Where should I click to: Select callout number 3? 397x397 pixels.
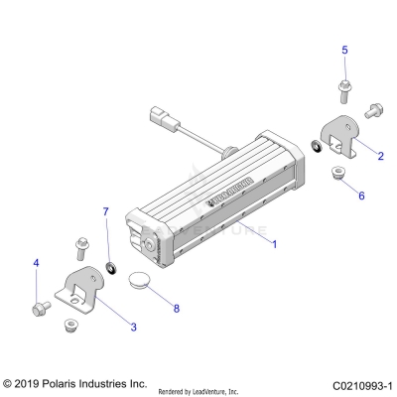[134, 327]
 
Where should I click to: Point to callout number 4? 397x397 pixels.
[37, 263]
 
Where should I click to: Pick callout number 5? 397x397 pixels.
[344, 50]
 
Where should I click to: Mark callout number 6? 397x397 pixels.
[361, 196]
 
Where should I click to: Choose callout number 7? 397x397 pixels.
[106, 212]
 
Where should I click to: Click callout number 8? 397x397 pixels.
[176, 309]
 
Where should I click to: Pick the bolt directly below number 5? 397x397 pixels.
[344, 91]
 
